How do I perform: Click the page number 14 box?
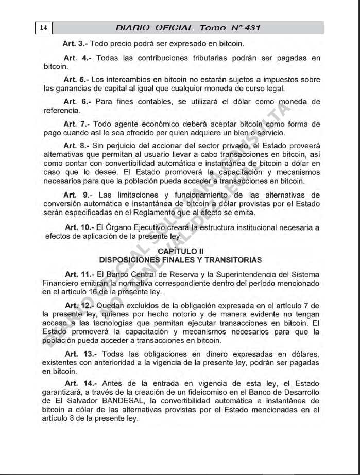coord(43,28)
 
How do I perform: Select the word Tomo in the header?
coord(212,28)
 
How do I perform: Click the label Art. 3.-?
coord(74,43)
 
